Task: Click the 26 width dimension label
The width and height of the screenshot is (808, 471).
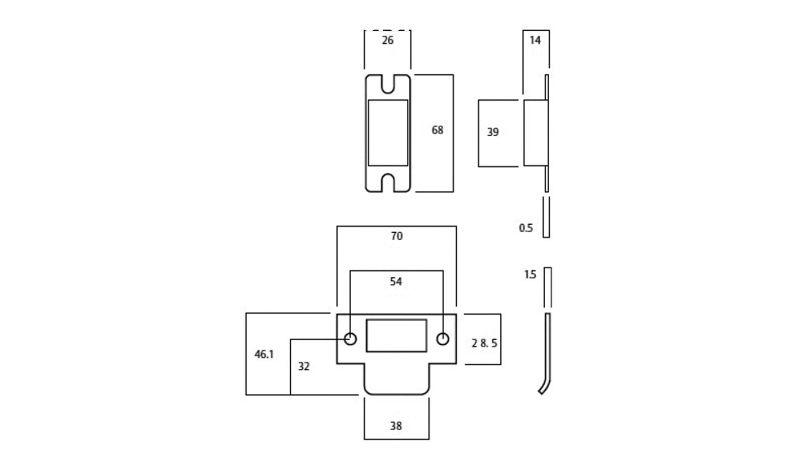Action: (x=388, y=40)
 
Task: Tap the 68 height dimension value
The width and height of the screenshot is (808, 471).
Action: (x=437, y=130)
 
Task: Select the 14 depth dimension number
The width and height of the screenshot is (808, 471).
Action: (x=535, y=40)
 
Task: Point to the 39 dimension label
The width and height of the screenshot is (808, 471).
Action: (x=493, y=132)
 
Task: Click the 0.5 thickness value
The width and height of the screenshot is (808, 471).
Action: (x=526, y=228)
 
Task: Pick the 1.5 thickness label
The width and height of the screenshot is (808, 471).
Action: (x=530, y=274)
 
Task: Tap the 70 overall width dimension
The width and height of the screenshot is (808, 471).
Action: (x=396, y=236)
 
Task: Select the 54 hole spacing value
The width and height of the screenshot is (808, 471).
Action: (x=396, y=282)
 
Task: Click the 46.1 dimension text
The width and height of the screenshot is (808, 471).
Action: (x=264, y=354)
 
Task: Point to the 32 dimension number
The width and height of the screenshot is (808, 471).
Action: (x=304, y=367)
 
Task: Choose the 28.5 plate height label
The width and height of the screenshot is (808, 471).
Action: (x=484, y=343)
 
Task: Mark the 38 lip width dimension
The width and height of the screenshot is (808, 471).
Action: (x=396, y=426)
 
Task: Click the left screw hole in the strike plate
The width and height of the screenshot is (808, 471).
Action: (x=350, y=339)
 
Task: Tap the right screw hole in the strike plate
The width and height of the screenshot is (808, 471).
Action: (x=443, y=339)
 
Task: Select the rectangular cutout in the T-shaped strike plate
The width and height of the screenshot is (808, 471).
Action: (x=396, y=335)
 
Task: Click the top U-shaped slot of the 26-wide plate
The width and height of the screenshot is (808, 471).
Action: (x=388, y=84)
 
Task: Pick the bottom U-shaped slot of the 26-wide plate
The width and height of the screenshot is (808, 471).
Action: (x=388, y=182)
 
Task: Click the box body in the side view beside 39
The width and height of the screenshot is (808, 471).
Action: (x=534, y=132)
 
